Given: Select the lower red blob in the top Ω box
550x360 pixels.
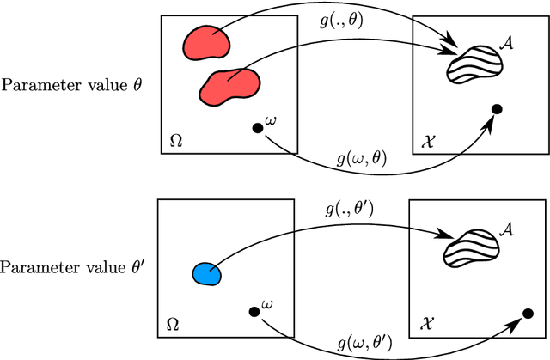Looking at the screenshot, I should pyautogui.click(x=229, y=84).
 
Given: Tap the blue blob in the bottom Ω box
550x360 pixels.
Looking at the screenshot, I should pyautogui.click(x=205, y=273).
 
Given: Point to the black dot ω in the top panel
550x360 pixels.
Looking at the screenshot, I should pyautogui.click(x=256, y=129).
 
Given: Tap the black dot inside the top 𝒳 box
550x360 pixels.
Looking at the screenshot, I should pyautogui.click(x=496, y=109).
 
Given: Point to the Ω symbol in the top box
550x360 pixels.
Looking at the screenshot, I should pyautogui.click(x=175, y=141).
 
